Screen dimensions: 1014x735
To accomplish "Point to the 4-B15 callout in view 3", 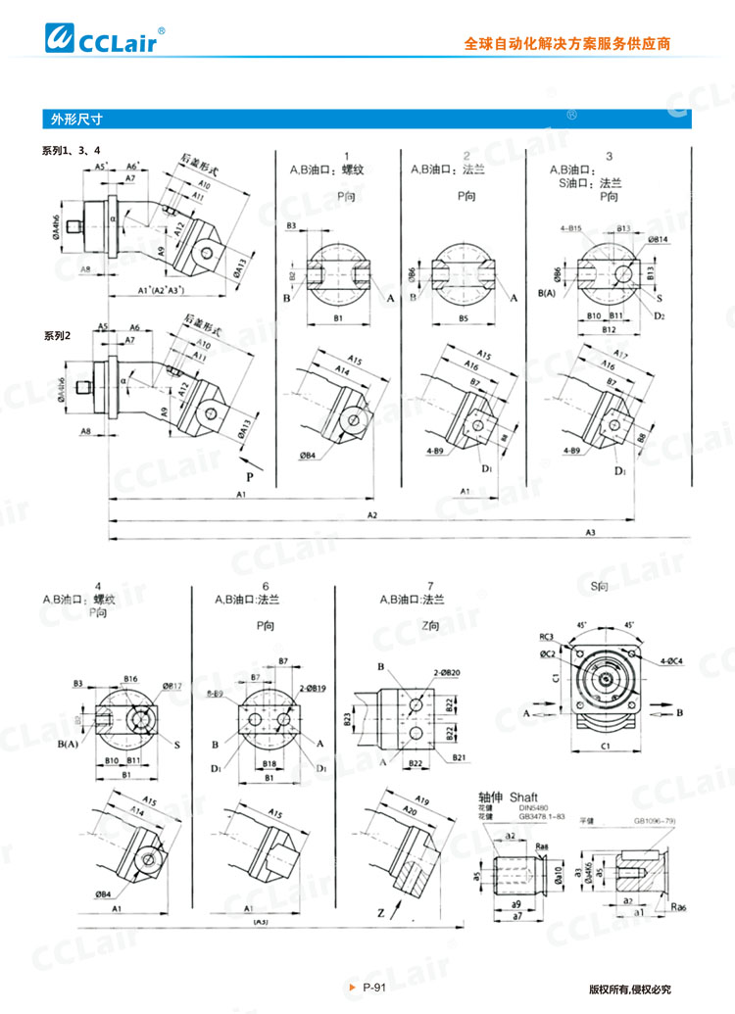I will [x=571, y=227].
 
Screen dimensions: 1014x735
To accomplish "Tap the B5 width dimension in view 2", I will [x=463, y=318].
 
